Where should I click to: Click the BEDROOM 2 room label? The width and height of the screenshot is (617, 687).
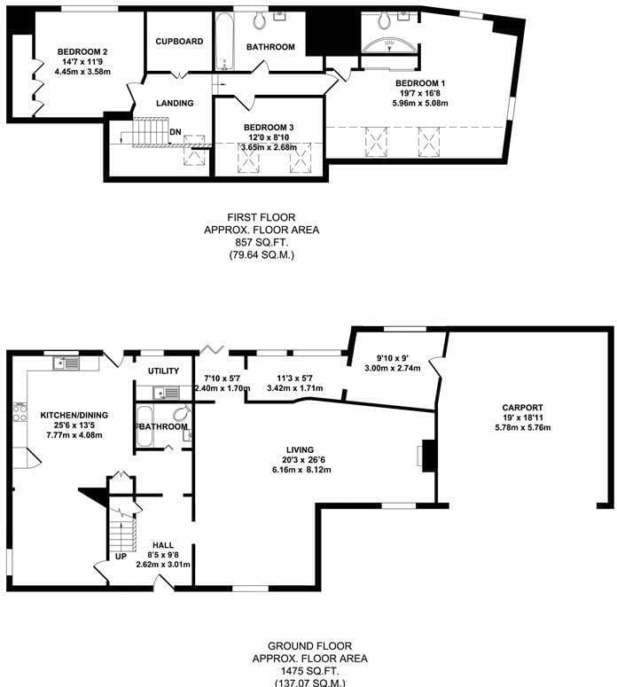(82, 51)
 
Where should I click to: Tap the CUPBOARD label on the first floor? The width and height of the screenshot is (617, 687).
(179, 41)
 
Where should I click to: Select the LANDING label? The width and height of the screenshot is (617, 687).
(175, 103)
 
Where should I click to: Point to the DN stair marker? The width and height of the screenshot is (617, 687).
(176, 132)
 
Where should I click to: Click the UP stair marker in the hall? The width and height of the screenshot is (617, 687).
(121, 557)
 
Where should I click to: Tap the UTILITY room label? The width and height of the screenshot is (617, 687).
(163, 371)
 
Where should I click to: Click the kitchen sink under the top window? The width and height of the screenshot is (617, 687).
(66, 363)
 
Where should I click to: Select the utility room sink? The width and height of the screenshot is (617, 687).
(166, 392)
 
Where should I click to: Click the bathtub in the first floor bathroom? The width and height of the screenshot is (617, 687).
(224, 42)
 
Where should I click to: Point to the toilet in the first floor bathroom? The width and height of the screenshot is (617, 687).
(259, 20)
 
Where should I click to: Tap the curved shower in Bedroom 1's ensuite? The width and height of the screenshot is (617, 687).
(389, 45)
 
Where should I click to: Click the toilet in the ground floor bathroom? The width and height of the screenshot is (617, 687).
(182, 413)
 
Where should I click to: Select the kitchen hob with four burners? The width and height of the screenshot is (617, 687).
(20, 412)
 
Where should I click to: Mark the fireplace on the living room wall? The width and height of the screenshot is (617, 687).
(426, 457)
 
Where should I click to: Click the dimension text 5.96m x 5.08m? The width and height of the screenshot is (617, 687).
(420, 104)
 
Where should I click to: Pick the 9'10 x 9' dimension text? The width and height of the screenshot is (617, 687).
(392, 358)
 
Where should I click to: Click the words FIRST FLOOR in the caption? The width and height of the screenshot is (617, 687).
(262, 217)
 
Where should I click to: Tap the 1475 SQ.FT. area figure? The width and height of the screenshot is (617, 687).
(309, 671)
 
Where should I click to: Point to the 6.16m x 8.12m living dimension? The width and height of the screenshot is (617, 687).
(301, 470)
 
